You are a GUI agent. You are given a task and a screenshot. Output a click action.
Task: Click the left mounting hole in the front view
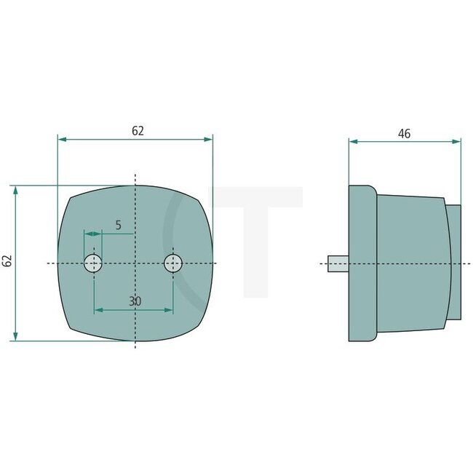(x=93, y=263)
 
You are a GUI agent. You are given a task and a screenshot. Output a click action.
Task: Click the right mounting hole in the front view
(x=172, y=263)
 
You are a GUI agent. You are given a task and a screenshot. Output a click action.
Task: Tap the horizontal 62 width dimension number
(x=138, y=131)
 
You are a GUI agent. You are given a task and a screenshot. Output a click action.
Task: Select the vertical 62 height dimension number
(x=7, y=261)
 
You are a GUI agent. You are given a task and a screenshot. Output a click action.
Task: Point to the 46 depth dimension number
(x=405, y=134)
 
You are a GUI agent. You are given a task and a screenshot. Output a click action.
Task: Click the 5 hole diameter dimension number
(x=119, y=226)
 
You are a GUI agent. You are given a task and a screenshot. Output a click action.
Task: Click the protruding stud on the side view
(x=338, y=263)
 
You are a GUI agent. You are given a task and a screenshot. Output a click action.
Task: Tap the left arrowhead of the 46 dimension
(x=353, y=142)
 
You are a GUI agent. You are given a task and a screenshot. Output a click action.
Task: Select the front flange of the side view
(x=362, y=262)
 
